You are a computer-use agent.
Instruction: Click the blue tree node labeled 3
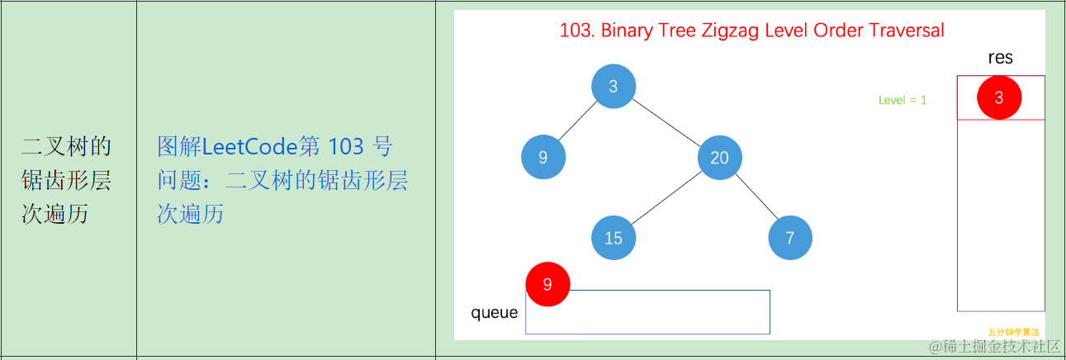[x=614, y=86]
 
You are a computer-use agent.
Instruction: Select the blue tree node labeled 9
[x=543, y=157]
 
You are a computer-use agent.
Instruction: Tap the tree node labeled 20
[x=719, y=157]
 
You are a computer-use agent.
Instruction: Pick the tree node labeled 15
[x=614, y=238]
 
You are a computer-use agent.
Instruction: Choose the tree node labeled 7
[x=790, y=238]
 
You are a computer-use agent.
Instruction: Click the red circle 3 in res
[x=999, y=97]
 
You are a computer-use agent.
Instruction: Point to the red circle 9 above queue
[x=547, y=284]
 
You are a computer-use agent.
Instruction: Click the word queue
[x=495, y=312]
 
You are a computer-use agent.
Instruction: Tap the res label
[x=1000, y=58]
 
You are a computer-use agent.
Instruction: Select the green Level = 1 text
[x=903, y=100]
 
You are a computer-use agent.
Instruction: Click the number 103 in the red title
[x=576, y=31]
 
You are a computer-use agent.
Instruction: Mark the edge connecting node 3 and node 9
[x=579, y=121]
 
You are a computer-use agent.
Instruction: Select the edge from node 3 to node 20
[x=666, y=121]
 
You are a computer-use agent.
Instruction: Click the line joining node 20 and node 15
[x=666, y=197]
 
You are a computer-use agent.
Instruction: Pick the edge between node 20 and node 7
[x=755, y=197]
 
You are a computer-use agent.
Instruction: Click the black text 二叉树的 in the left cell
[x=66, y=147]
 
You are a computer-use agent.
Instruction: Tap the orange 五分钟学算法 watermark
[x=1013, y=332]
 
